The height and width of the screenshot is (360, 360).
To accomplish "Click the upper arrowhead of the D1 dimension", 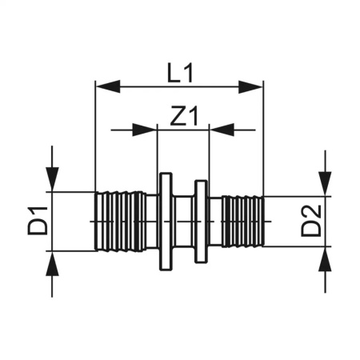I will [x=53, y=182].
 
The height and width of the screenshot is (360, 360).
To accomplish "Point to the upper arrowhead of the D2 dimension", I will [x=325, y=187].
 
